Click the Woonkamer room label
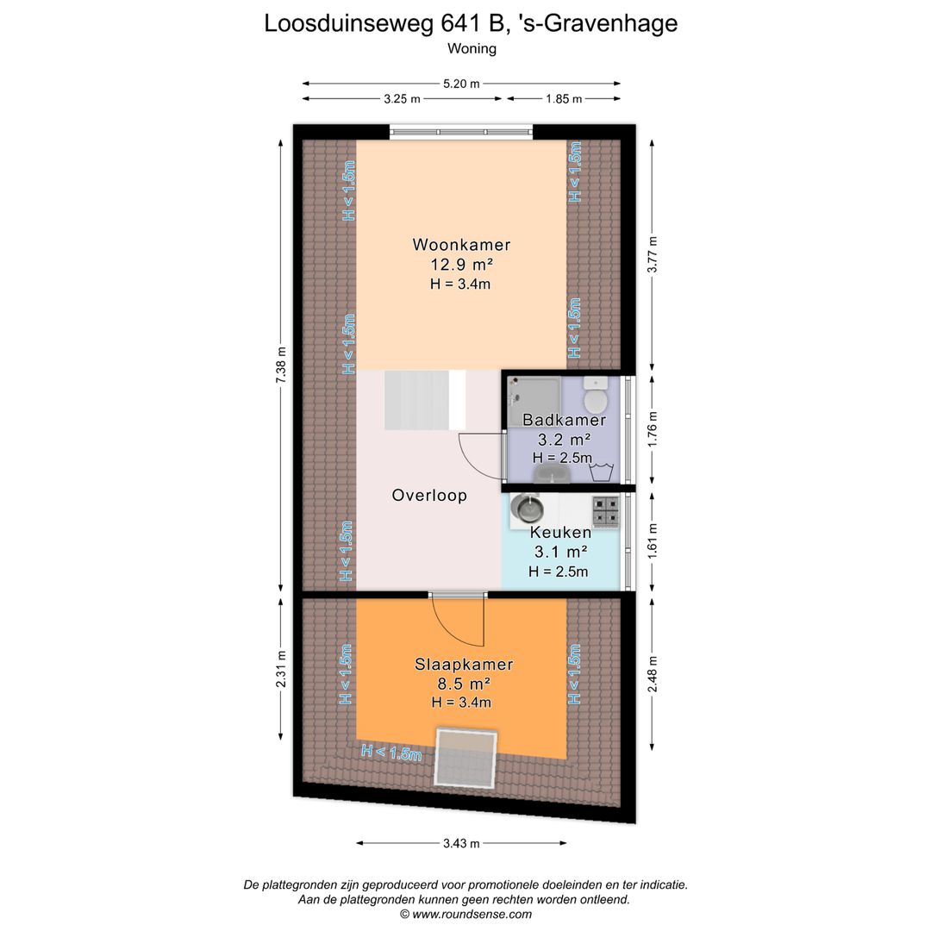coord(461,245)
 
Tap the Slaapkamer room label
coord(464,664)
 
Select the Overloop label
coord(429,495)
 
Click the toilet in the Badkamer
coord(595,395)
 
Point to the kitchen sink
coord(526,509)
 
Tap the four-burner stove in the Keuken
coord(606,511)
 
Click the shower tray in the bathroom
coord(534,402)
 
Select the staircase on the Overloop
coord(425,400)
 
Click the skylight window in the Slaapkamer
coord(466,757)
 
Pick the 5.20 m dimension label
coord(461,84)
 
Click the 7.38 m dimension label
coord(281,365)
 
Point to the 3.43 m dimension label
coord(461,843)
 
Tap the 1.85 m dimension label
coord(564,99)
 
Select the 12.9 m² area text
coord(461,265)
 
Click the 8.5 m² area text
coord(464,684)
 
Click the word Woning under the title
coord(472,48)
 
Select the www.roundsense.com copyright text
coord(465,915)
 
